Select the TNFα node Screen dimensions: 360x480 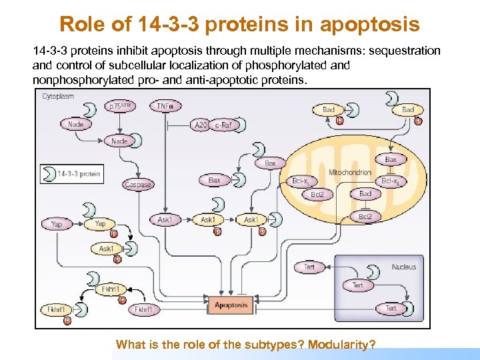(x=167, y=106)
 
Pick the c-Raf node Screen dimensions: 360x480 (x=222, y=125)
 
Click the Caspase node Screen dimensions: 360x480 (x=137, y=185)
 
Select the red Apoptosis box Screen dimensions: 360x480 (x=231, y=306)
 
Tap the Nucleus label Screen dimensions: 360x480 (x=403, y=267)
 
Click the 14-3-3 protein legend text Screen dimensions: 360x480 (x=79, y=174)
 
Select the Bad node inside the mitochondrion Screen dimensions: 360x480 (x=365, y=193)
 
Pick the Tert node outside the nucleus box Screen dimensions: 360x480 (x=309, y=267)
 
